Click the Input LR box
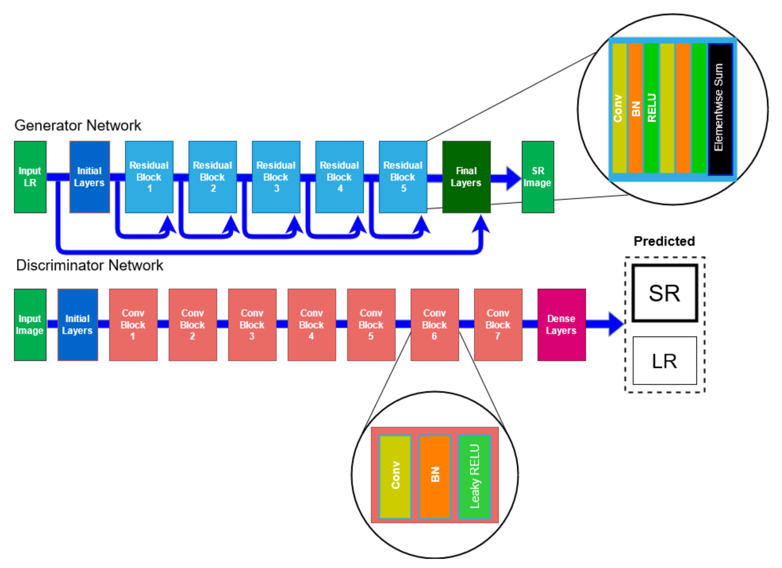(30, 177)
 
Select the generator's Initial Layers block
(89, 177)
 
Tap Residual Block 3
(276, 177)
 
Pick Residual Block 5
(403, 177)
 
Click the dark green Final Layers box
(466, 177)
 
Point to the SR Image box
(538, 177)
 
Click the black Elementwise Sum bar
(720, 109)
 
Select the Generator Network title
(78, 125)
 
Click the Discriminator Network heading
(90, 265)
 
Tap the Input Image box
(30, 325)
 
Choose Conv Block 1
(133, 325)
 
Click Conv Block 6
(435, 325)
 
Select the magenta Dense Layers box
(561, 325)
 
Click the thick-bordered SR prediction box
(664, 293)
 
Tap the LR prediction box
(664, 361)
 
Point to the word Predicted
(664, 241)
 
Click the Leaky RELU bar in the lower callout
(474, 477)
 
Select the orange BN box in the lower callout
(435, 477)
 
